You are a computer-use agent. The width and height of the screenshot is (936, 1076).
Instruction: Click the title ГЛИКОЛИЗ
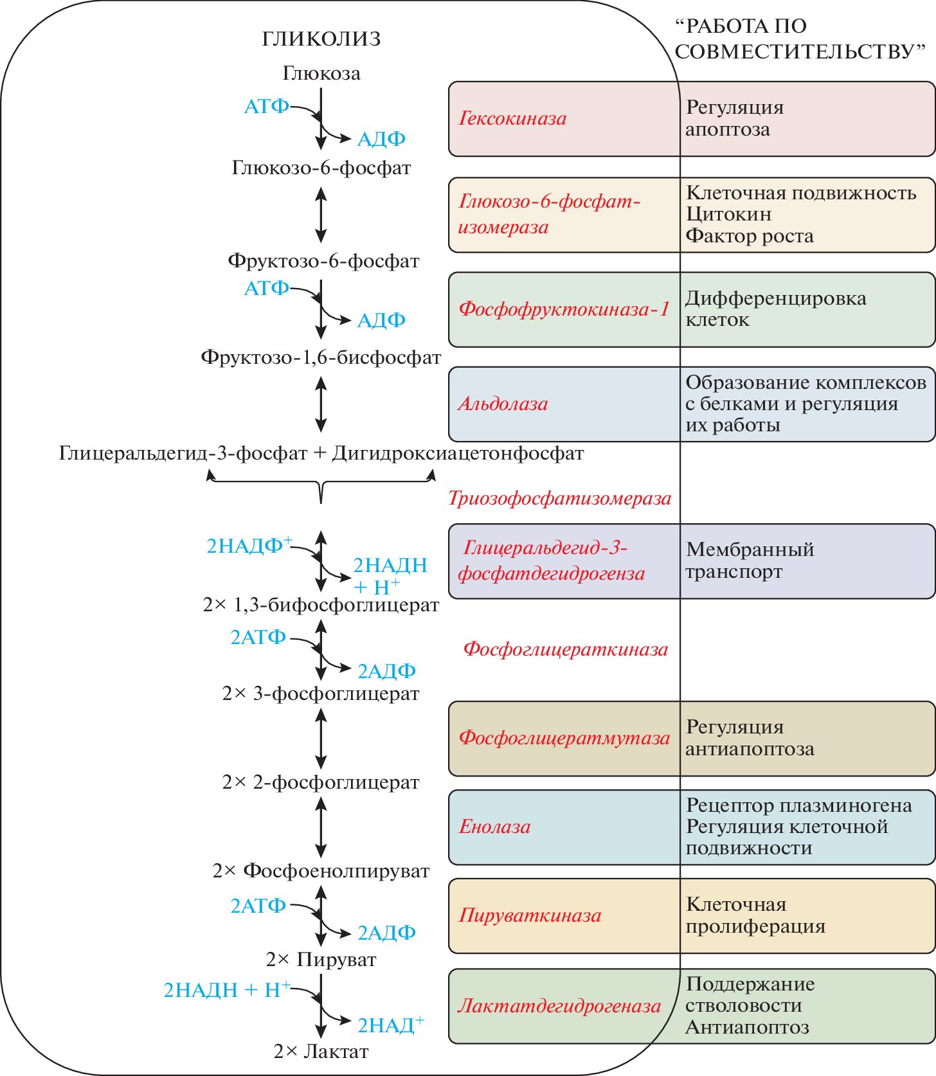[321, 39]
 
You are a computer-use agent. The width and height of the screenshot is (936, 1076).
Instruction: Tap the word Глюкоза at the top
[321, 73]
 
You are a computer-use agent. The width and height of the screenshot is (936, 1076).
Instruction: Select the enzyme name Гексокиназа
[512, 118]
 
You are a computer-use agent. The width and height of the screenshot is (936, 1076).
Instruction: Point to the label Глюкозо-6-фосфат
[321, 168]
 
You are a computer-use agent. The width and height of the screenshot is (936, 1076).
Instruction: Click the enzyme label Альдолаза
[503, 404]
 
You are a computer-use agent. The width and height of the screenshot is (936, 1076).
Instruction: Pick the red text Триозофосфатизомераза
[559, 498]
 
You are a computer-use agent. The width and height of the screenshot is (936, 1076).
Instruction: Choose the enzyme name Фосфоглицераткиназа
[566, 649]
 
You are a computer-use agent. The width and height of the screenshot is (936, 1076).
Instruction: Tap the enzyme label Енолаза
[494, 827]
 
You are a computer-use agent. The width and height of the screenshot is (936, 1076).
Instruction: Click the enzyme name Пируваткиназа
[530, 915]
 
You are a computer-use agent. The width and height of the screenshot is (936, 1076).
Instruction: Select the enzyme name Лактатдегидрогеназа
[559, 1006]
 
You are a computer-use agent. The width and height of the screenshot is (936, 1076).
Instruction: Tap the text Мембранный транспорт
[750, 560]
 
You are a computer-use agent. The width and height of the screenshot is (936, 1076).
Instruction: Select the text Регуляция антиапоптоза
[750, 738]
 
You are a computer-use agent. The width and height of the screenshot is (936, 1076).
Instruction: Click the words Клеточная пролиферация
[755, 915]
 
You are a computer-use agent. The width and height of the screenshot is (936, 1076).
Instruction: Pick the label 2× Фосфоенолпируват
[321, 871]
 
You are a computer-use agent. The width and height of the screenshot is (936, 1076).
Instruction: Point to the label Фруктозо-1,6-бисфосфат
[321, 357]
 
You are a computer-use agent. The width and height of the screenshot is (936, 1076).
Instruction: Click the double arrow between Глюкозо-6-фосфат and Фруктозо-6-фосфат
[321, 214]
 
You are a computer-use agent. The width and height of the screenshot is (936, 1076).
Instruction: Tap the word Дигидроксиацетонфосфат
[458, 454]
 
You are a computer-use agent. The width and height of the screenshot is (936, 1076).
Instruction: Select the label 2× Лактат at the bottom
[321, 1052]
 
